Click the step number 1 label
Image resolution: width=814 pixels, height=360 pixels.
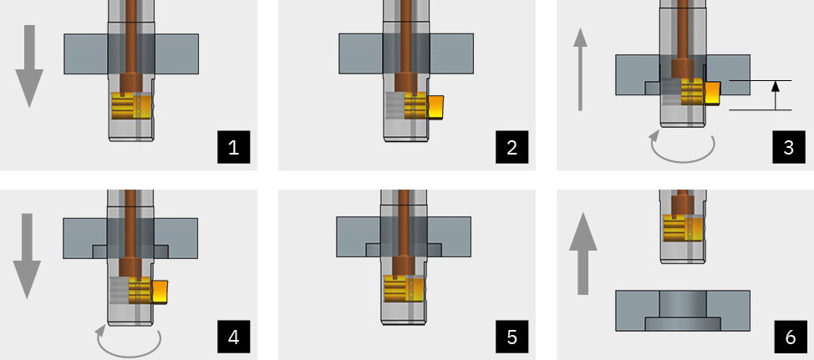(x=233, y=147)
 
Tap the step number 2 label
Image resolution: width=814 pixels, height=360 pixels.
(x=511, y=147)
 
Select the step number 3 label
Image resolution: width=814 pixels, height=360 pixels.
(x=789, y=147)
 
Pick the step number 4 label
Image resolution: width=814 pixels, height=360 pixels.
(x=233, y=337)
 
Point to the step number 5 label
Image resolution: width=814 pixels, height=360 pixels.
(x=511, y=337)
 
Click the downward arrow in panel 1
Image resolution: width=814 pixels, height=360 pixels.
(x=29, y=66)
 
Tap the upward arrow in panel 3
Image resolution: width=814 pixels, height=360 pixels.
(x=580, y=69)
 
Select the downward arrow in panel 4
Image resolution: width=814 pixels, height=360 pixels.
(x=27, y=256)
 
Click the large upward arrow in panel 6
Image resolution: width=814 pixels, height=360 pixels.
(x=583, y=253)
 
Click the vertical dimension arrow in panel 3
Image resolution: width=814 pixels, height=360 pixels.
(x=776, y=95)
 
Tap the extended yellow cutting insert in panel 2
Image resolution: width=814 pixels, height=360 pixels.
(x=435, y=108)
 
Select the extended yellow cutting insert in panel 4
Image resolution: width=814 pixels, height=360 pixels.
(x=160, y=292)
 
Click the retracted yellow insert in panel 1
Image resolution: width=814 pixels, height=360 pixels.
(x=132, y=106)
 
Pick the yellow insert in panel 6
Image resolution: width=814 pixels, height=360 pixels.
(x=684, y=229)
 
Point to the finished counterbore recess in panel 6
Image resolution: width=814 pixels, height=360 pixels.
(x=683, y=324)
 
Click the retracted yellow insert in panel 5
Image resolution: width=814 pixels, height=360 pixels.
(x=404, y=289)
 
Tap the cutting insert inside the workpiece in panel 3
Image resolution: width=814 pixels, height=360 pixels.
(x=712, y=93)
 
